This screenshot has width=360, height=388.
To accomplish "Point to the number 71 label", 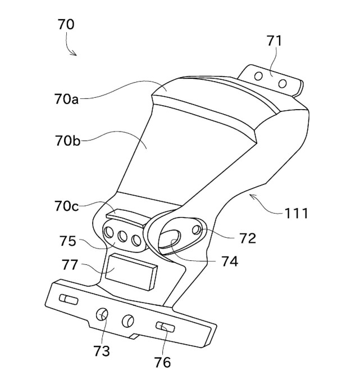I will (x=275, y=40).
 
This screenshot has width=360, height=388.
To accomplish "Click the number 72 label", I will (x=247, y=238).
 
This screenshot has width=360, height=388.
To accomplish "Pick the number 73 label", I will (x=102, y=351).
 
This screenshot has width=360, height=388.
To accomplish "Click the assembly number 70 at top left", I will (x=66, y=25).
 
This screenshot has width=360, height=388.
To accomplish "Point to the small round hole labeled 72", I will (x=196, y=231).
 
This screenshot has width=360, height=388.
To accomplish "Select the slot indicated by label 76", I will (x=165, y=327).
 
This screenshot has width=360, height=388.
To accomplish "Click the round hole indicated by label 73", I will (x=103, y=315).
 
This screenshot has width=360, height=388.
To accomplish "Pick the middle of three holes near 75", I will (x=122, y=236).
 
